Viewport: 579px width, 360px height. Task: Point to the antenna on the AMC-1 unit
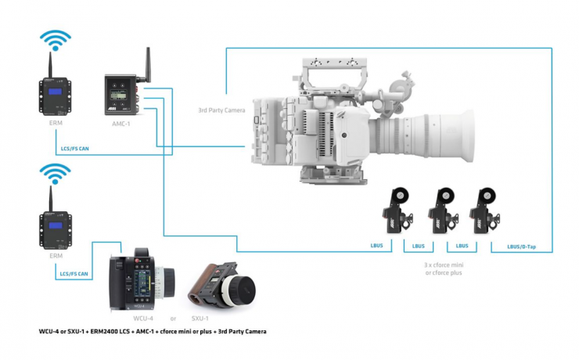(x=146, y=62)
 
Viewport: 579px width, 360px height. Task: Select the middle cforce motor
(x=437, y=211)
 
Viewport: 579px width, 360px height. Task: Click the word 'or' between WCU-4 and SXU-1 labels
(x=172, y=319)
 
